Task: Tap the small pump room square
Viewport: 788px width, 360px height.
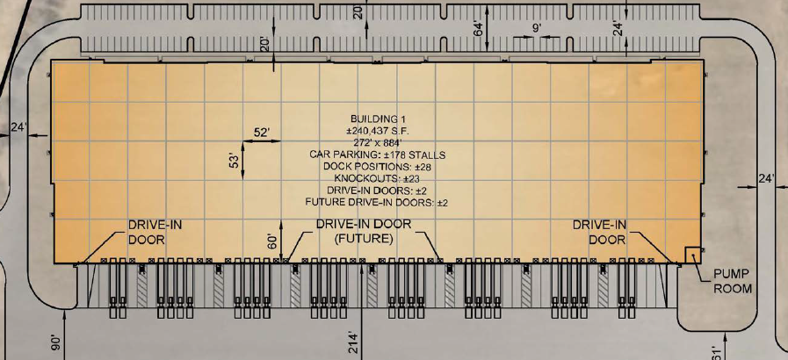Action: (x=693, y=255)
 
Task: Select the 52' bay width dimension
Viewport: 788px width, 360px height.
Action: (x=261, y=132)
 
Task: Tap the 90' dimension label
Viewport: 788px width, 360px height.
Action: (x=55, y=343)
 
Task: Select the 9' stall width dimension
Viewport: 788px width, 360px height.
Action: (x=536, y=28)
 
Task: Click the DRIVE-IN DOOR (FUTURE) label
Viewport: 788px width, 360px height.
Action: (x=364, y=231)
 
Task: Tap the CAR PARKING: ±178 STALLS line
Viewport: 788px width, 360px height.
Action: (x=378, y=155)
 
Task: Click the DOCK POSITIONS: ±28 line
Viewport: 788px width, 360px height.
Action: (x=377, y=167)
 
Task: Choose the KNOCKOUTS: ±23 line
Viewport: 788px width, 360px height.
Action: (x=377, y=179)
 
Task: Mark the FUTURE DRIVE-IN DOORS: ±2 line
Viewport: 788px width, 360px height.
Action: (x=377, y=203)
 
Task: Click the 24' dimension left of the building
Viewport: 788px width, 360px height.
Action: (x=18, y=128)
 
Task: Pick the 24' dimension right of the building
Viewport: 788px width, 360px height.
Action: (x=766, y=179)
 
